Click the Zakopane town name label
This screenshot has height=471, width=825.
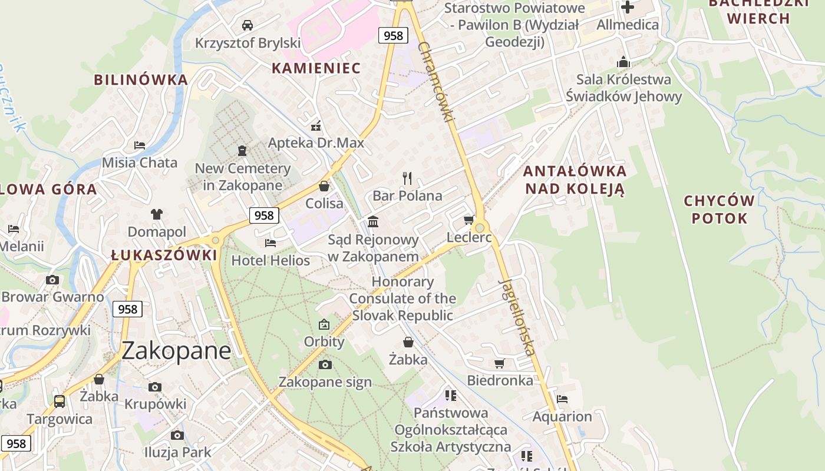[176, 351]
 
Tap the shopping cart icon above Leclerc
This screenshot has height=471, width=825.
[468, 220]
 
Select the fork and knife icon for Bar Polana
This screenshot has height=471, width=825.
[407, 178]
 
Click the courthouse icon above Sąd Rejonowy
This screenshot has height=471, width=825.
[373, 222]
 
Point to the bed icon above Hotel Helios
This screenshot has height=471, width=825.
[270, 243]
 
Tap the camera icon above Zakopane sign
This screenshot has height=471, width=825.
[325, 365]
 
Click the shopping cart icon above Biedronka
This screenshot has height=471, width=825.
[500, 363]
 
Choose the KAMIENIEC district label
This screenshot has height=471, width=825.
[316, 68]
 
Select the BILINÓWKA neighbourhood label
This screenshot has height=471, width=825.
[141, 79]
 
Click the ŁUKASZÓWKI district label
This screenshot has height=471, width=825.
[164, 255]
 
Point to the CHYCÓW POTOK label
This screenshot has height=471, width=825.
[719, 210]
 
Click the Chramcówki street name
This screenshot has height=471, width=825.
[437, 81]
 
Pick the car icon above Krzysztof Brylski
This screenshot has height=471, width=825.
[247, 25]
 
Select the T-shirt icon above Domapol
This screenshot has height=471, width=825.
[156, 214]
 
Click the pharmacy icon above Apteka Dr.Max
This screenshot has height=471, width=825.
[316, 126]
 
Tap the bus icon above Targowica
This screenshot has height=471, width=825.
[60, 402]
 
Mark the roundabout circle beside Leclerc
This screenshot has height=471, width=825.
[480, 228]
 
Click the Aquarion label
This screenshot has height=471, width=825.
[562, 417]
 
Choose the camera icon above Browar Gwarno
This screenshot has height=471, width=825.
[52, 280]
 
